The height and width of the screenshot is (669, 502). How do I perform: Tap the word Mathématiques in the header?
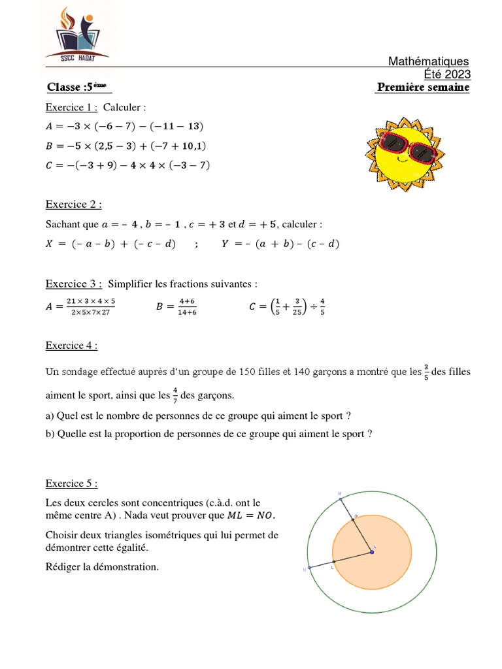coord(429,61)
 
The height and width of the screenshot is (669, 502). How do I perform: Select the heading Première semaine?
coord(423,88)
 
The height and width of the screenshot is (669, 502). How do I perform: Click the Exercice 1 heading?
coord(71,107)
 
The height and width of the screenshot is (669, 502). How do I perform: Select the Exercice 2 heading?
coord(73,204)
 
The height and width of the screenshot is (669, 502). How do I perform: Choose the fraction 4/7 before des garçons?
coord(175,396)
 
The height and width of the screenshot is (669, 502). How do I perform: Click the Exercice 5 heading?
coord(71,483)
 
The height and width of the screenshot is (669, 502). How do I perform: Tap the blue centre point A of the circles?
coord(372,552)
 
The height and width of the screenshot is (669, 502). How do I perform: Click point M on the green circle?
coord(341,500)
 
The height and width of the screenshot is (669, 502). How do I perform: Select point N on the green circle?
coord(309,568)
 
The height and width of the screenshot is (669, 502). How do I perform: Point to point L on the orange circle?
coord(333,561)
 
